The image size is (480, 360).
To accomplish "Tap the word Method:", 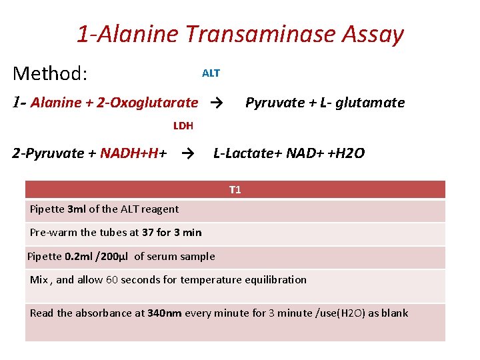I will (50, 73).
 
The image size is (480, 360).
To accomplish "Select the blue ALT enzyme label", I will (211, 73).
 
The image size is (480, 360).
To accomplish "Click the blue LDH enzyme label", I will (183, 125).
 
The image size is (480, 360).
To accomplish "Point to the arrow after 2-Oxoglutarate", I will (215, 103).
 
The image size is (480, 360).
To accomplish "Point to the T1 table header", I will (235, 190).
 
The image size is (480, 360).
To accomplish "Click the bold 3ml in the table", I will (77, 209).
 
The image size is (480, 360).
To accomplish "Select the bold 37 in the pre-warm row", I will (148, 233).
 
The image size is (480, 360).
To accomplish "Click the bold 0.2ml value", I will (77, 257).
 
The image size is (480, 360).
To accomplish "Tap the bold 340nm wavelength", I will (164, 313).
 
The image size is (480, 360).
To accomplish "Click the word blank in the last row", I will (394, 313).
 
